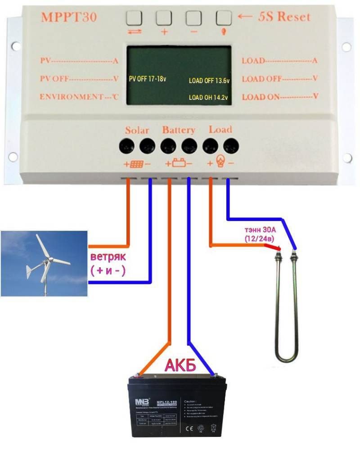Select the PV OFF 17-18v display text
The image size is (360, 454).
(148, 79)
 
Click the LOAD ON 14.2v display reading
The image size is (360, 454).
(208, 97)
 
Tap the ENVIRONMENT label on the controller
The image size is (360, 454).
(72, 97)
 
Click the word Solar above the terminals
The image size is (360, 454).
(137, 130)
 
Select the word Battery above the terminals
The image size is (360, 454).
(179, 130)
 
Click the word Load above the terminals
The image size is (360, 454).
(220, 130)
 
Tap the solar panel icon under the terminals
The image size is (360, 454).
(137, 164)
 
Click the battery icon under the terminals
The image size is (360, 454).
(179, 163)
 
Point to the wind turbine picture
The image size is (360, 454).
(44, 264)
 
